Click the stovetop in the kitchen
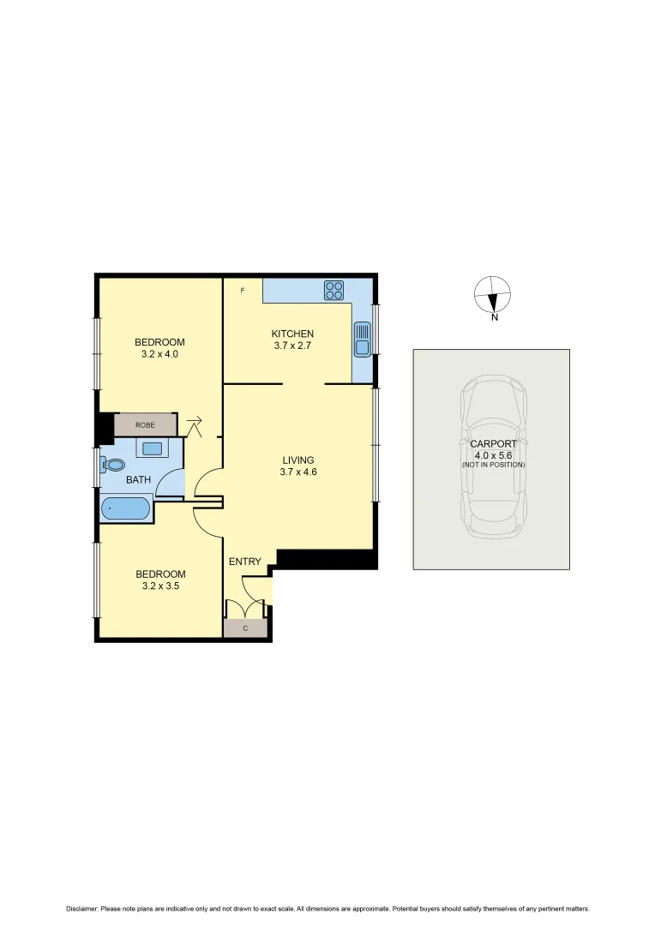tap(334, 291)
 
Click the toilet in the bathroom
tap(112, 465)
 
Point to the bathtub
tap(125, 509)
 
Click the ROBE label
tap(145, 424)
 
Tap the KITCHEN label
tap(292, 334)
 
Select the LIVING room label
tap(298, 460)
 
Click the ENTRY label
tap(244, 562)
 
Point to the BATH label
tap(138, 480)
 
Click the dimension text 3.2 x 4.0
tap(159, 353)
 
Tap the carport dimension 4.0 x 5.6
tap(493, 455)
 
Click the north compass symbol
tap(492, 295)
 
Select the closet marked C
tap(245, 628)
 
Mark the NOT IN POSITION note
tap(493, 465)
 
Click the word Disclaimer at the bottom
tap(82, 909)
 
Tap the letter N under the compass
tap(495, 318)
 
